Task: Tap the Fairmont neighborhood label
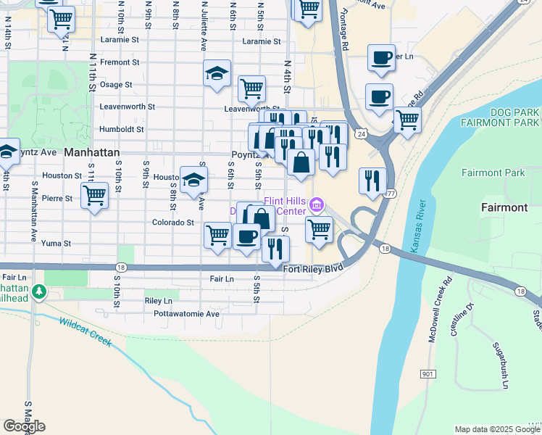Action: [x=504, y=207]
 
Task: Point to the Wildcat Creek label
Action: [x=86, y=331]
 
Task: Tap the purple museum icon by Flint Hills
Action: [x=316, y=206]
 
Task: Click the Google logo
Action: [x=24, y=426]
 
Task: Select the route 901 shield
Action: [x=428, y=373]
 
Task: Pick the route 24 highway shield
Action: [x=360, y=133]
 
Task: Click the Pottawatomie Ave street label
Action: [x=186, y=314]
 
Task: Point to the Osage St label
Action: [x=116, y=85]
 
